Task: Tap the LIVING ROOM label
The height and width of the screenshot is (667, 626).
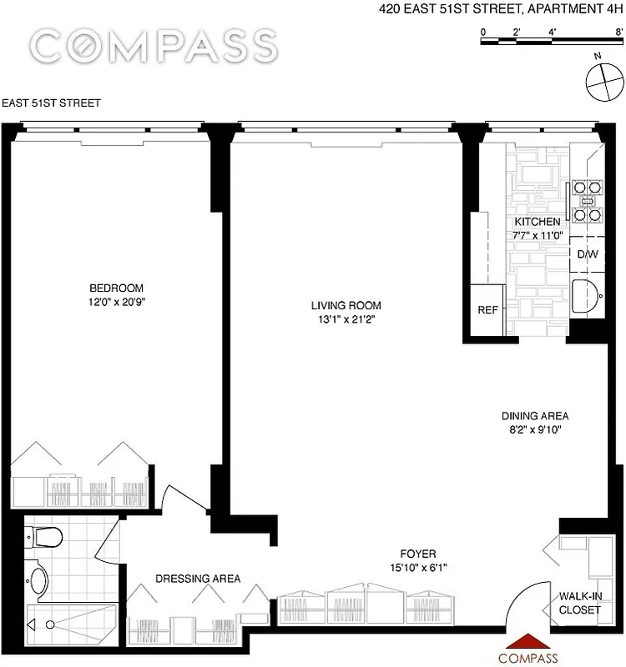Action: (346, 306)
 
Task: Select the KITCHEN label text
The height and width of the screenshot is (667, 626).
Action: (537, 223)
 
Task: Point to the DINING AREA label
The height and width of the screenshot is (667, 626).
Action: (534, 416)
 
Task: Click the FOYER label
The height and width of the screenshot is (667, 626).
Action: (417, 554)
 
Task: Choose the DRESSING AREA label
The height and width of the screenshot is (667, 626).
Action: (199, 579)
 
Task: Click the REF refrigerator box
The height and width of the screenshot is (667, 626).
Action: (487, 309)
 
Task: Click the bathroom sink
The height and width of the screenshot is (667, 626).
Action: (37, 578)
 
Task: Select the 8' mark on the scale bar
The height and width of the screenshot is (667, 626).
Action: (618, 31)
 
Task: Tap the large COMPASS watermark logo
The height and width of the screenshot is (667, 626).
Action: (152, 45)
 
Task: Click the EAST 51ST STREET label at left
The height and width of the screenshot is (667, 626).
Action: (52, 103)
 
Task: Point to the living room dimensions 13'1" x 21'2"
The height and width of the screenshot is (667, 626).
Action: (346, 319)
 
